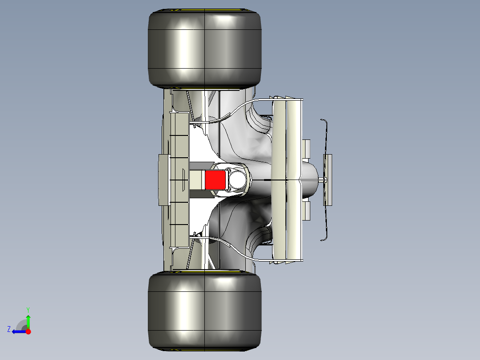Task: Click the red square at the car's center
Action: (x=215, y=180)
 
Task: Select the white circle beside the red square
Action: (x=236, y=179)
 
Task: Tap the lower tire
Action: (x=204, y=311)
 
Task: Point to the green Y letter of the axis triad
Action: (x=28, y=309)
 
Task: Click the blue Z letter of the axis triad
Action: (x=9, y=329)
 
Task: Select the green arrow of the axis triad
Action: (x=28, y=321)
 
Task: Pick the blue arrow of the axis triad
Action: (x=19, y=331)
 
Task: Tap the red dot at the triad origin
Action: (x=28, y=331)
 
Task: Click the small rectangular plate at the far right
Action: (x=328, y=180)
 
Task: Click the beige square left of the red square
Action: (x=196, y=180)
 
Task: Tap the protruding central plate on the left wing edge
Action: (x=164, y=180)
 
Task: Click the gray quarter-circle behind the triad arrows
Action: (x=21, y=325)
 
